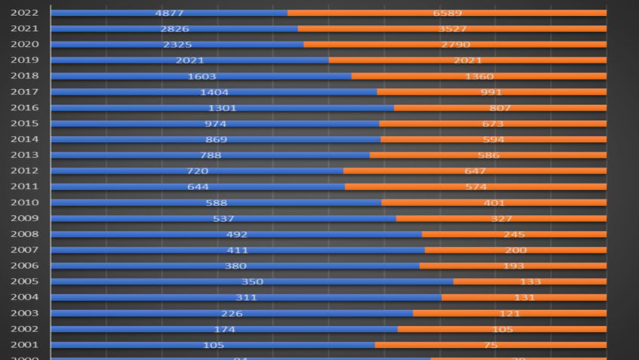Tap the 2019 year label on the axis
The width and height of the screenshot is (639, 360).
coord(25,60)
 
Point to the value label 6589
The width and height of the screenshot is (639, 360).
coord(447,13)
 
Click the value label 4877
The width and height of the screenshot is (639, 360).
coord(169,13)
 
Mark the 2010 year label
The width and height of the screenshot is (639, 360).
coord(25,202)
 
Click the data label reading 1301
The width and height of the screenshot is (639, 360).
coord(222,108)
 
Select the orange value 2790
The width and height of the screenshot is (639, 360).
coord(455,45)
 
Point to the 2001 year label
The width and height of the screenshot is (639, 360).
coord(25,345)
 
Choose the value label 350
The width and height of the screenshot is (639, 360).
coord(252,282)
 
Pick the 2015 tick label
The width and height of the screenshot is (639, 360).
coord(25,124)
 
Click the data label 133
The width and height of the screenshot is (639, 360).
coord(530,282)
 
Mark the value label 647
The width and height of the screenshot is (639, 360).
coord(475,171)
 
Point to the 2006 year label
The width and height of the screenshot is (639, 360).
coord(25,266)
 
